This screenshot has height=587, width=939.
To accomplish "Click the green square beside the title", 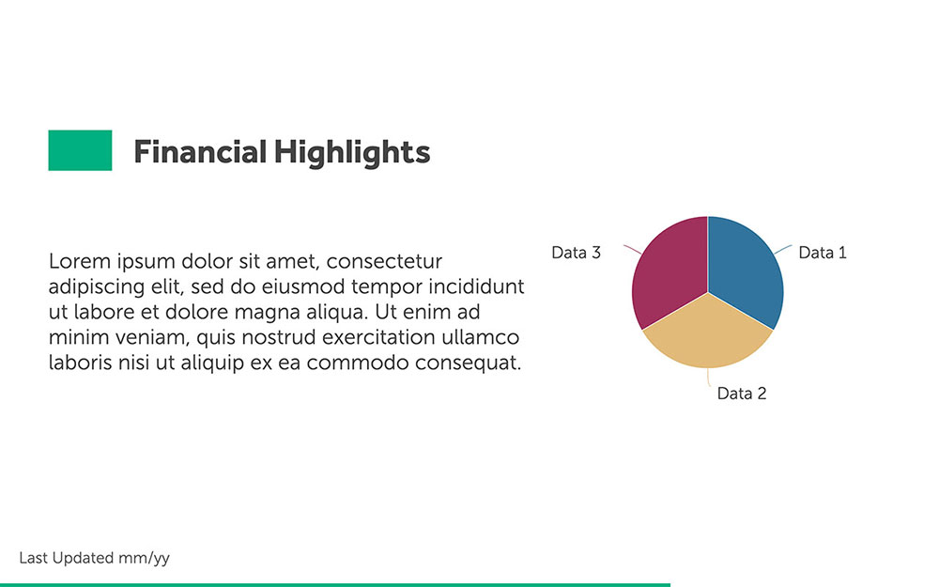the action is pos(80,150).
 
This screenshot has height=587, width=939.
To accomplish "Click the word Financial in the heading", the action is pos(200,151).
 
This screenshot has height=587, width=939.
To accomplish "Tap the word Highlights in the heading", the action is pos(352,153).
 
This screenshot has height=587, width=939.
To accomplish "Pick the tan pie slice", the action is pos(708,335).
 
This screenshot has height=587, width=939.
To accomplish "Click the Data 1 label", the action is pos(823,253).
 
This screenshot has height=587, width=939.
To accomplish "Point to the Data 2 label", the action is pos(742,394).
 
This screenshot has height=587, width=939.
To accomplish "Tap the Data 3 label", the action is pos(577,253).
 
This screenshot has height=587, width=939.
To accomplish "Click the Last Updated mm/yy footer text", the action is pos(94,558).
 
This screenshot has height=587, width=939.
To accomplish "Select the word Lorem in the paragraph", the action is pos(80,261).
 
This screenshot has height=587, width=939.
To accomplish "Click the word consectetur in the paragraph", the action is pos(384,262).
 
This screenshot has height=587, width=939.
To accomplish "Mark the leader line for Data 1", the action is pos(783,249).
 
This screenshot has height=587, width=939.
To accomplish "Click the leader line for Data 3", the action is pos(632,249).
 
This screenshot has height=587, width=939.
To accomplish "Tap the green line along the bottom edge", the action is pos(335,584).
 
